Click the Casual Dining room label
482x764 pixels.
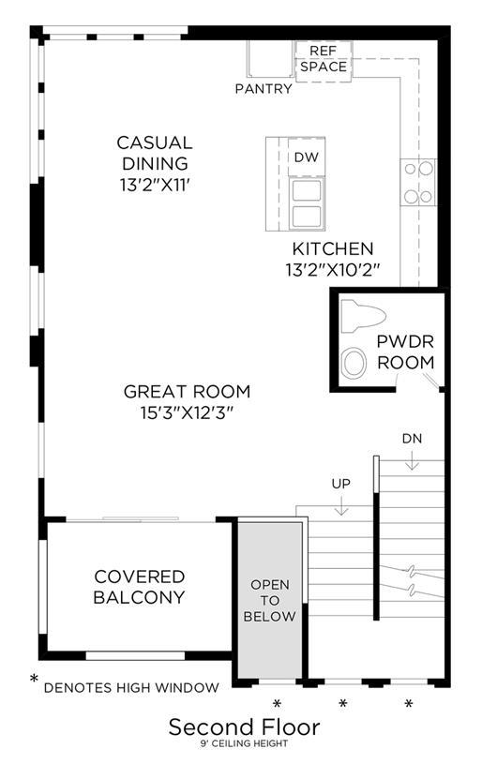(155, 153)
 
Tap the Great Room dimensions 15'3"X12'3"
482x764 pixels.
(186, 413)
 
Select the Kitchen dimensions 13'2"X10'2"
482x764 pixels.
(332, 270)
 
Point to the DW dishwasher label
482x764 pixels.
(307, 157)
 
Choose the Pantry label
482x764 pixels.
(264, 89)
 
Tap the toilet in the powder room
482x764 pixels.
(363, 315)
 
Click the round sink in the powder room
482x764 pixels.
(354, 363)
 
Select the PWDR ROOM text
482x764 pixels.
(405, 352)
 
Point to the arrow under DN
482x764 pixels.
(412, 460)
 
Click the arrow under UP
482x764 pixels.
(341, 505)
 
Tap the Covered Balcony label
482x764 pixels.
(140, 587)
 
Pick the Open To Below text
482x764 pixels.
(269, 600)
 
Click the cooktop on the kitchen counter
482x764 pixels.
(418, 182)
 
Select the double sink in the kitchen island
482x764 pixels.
(307, 203)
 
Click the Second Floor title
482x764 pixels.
(244, 727)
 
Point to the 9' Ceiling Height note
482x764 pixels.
(244, 743)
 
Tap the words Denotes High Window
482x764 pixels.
(131, 687)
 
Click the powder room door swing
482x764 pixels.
(430, 381)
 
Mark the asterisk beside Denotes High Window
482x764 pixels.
(34, 678)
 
